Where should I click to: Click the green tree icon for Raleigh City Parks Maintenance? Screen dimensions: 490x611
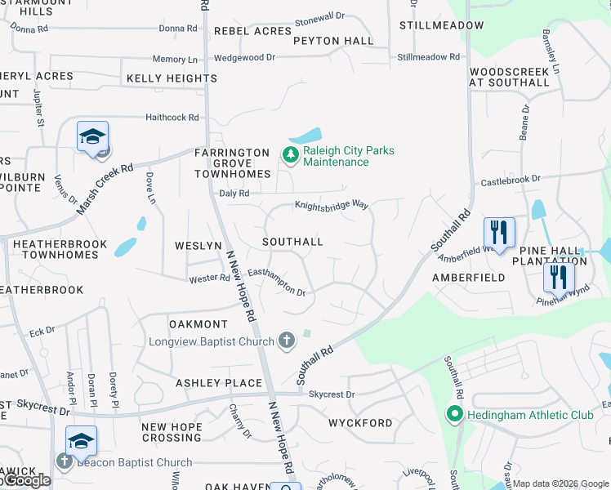click(289, 154)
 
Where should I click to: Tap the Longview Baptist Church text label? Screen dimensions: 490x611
click(211, 341)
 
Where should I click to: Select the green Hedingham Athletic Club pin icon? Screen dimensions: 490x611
click(455, 415)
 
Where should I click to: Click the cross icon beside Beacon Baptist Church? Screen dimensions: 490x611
click(65, 461)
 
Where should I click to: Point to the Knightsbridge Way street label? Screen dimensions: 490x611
click(332, 206)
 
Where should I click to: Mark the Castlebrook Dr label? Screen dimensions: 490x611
click(511, 179)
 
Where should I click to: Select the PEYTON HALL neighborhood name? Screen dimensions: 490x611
click(333, 41)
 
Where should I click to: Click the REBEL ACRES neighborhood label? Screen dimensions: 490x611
click(252, 31)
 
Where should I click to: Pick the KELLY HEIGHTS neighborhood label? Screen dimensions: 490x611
click(172, 78)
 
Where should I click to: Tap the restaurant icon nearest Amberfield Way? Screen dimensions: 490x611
click(499, 232)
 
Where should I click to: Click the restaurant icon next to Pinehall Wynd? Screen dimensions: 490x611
click(559, 277)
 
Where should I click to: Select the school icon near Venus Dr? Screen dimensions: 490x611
click(93, 136)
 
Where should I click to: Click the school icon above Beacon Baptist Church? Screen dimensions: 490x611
click(82, 440)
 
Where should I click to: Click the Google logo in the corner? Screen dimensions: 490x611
click(26, 481)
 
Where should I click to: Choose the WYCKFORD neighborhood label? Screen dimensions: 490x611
click(360, 423)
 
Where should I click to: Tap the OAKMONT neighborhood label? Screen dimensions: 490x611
click(198, 324)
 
